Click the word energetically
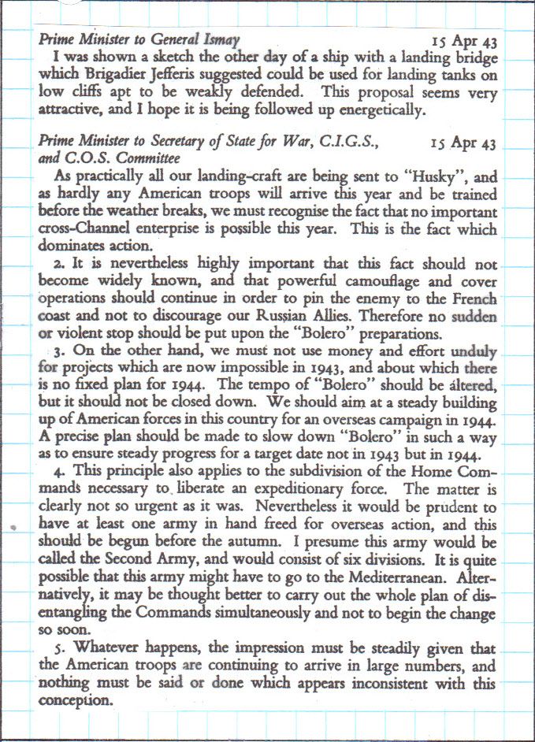click(370, 110)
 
